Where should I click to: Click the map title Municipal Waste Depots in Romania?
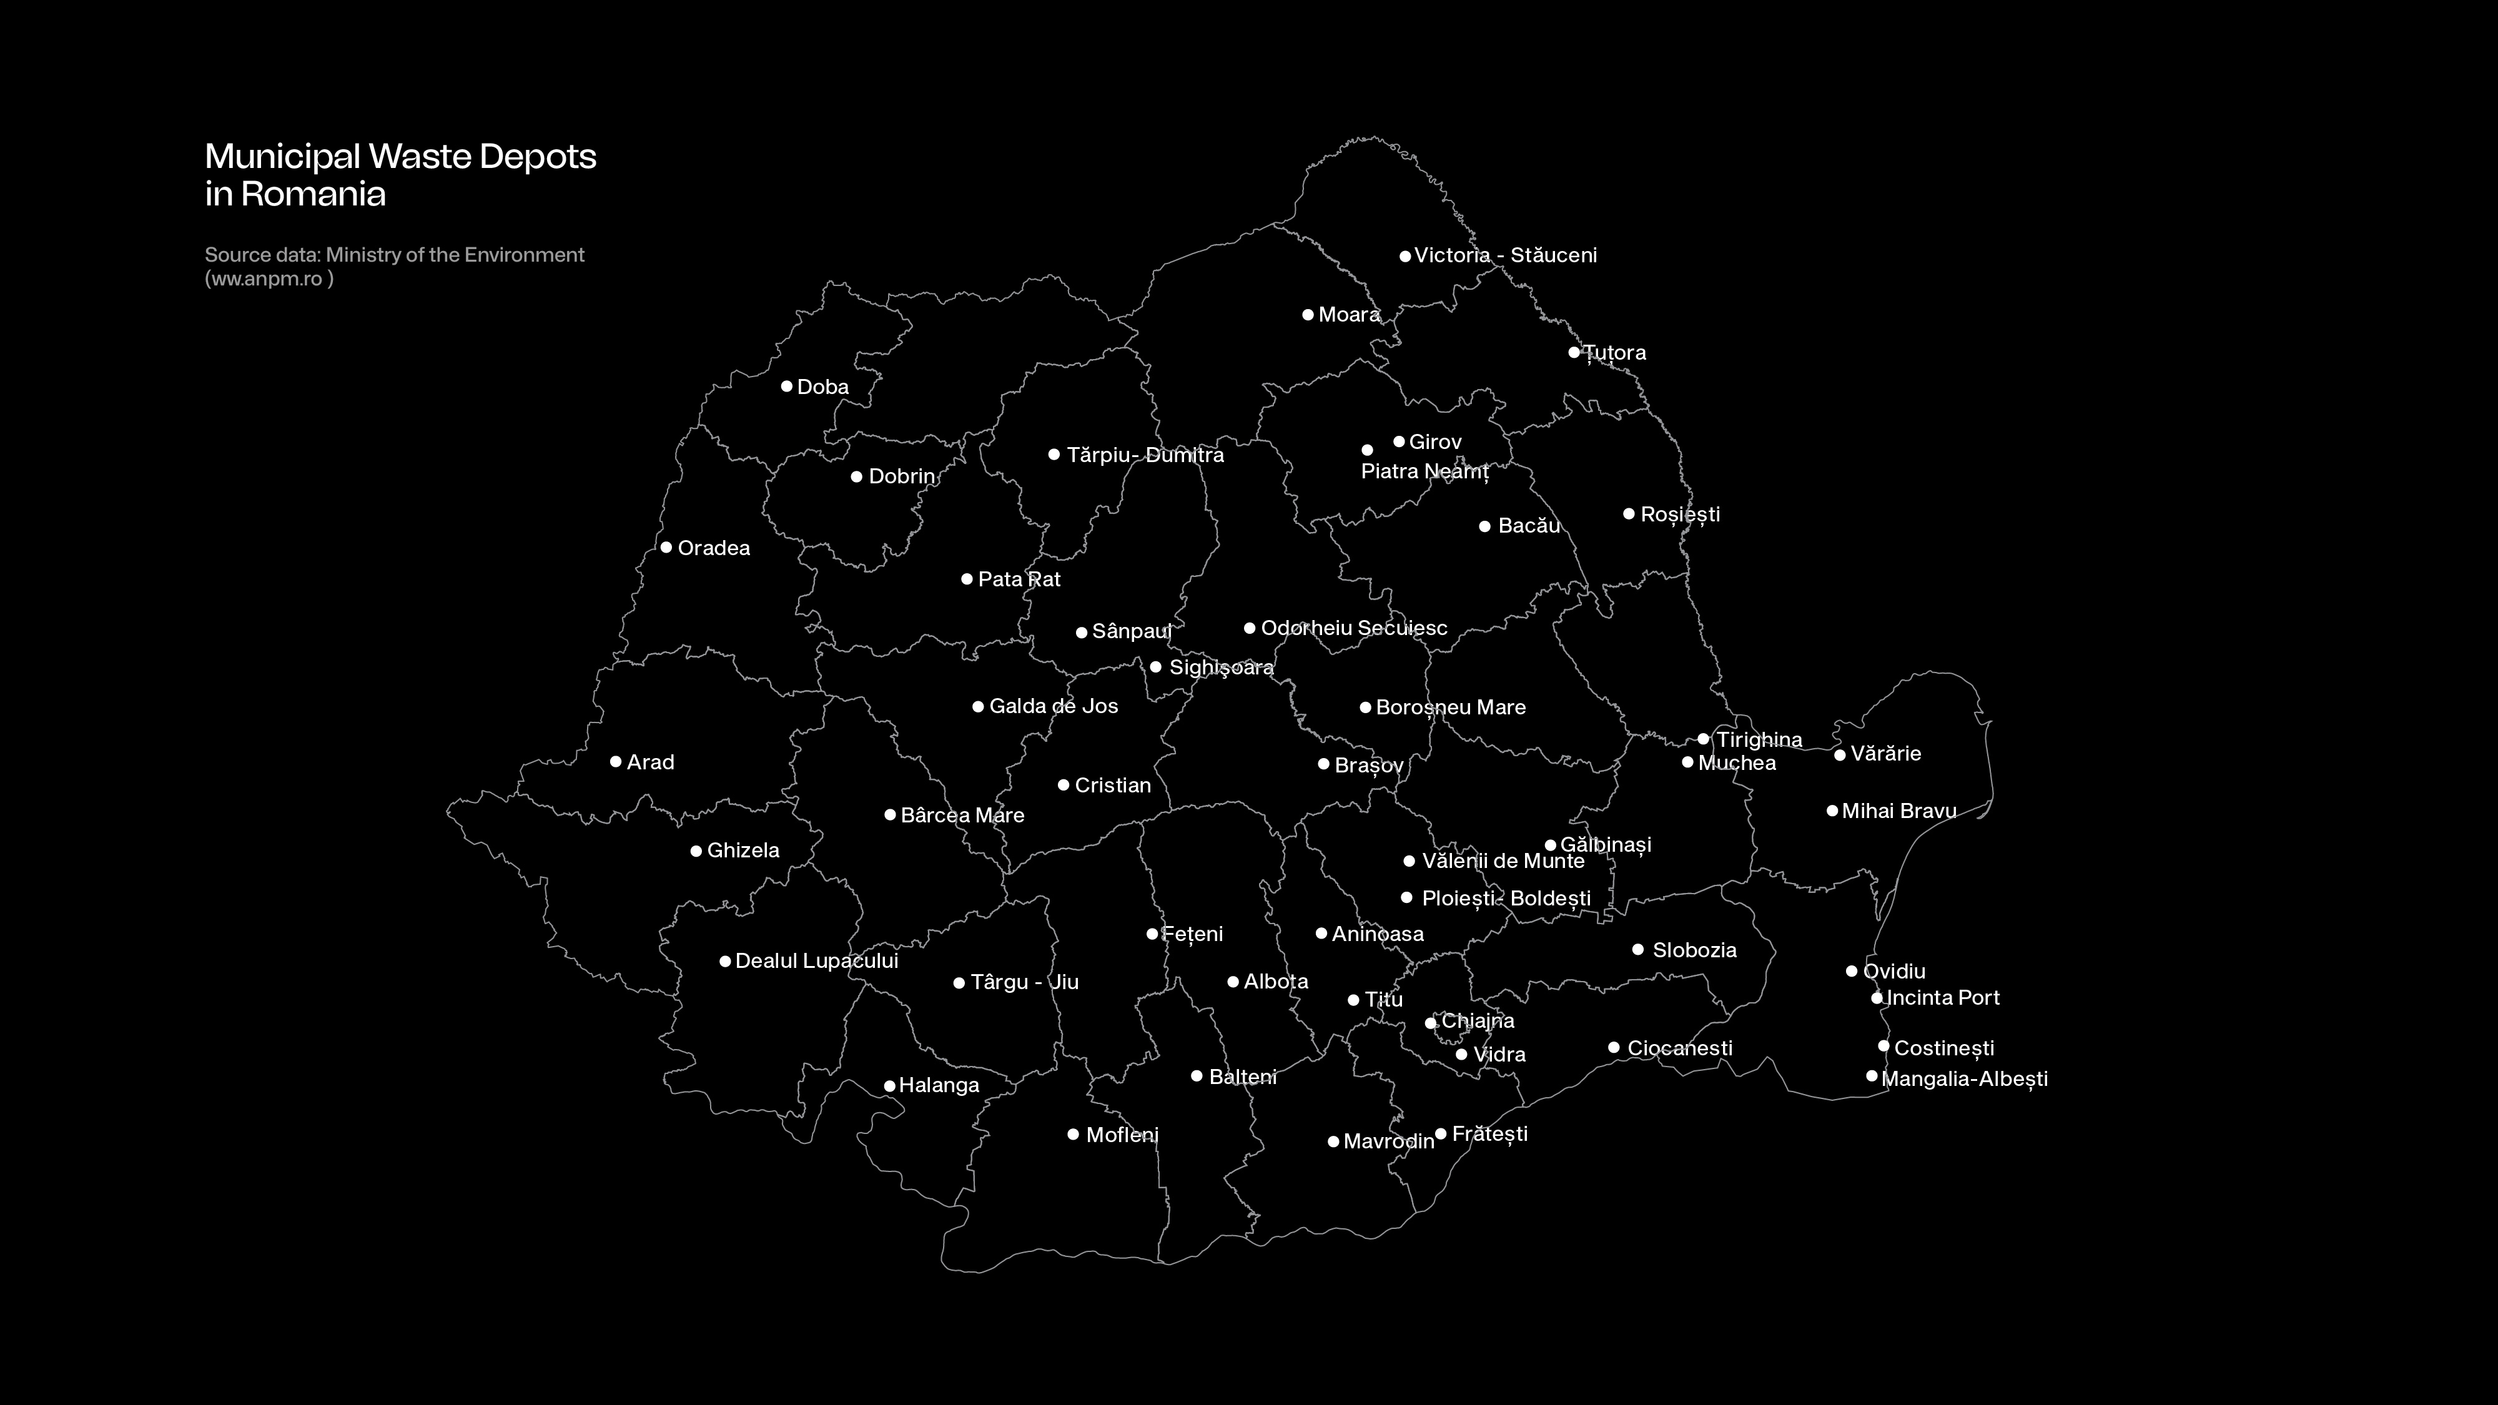point(400,175)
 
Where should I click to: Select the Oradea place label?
point(714,548)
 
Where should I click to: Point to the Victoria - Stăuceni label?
point(1505,255)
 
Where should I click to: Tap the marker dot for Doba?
point(786,386)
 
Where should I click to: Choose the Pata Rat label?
point(1019,579)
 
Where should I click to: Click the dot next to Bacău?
point(1484,526)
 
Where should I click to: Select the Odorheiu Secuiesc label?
point(1354,628)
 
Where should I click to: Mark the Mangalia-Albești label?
point(1963,1078)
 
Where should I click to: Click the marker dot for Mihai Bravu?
point(1832,811)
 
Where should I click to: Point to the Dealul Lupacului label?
point(816,961)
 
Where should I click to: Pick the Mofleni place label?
point(1122,1135)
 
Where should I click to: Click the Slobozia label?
point(1694,950)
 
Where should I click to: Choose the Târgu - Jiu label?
point(1024,982)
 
